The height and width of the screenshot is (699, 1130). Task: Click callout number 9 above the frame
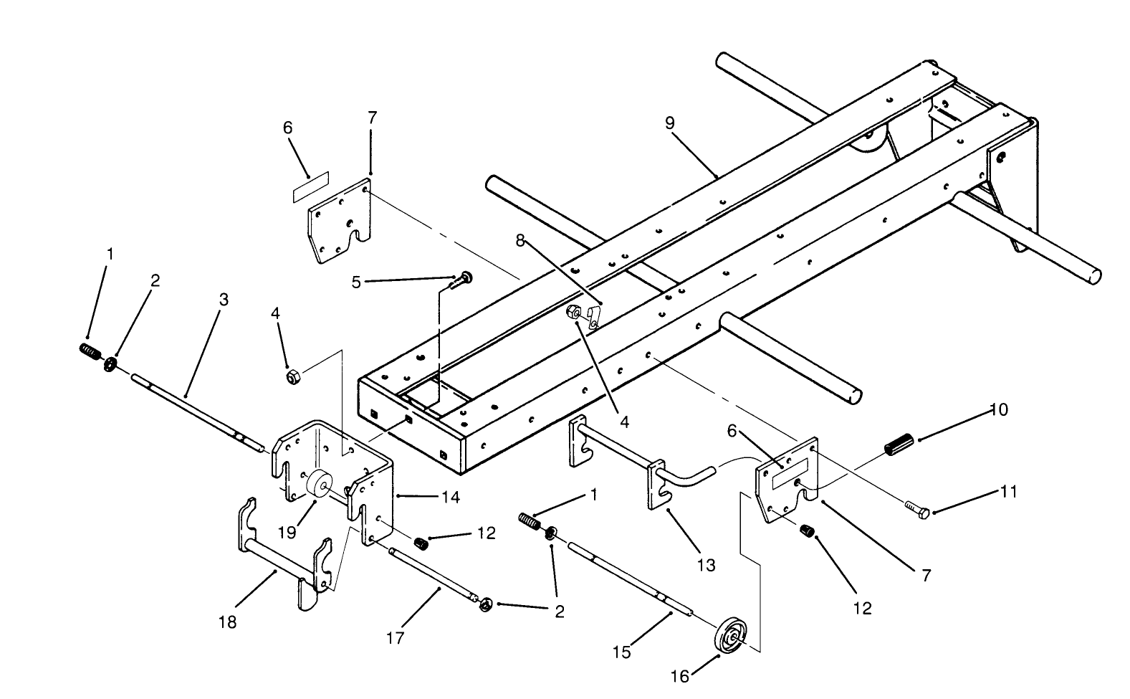point(669,123)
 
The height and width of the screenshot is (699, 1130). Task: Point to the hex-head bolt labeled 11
point(916,510)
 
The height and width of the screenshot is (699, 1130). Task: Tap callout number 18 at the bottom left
point(227,622)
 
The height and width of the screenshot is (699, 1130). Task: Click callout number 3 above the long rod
point(224,299)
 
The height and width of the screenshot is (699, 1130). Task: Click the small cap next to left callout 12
point(422,543)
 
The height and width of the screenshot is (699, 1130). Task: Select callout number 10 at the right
point(998,409)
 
